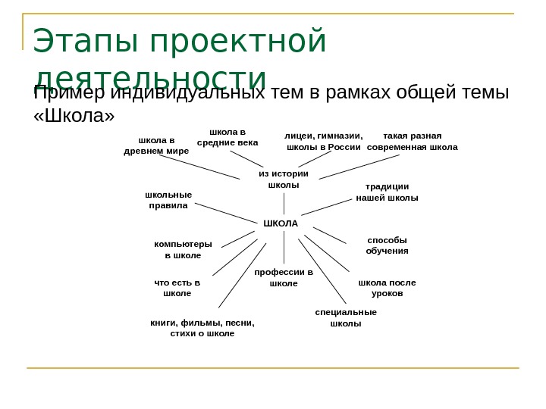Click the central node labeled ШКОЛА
[281, 223]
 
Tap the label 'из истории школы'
[284, 179]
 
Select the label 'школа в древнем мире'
[156, 145]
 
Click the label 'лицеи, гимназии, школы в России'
[324, 142]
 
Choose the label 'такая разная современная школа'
[413, 142]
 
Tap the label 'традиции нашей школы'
[387, 192]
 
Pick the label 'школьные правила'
[168, 200]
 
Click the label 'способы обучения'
[387, 245]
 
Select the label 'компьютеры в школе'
[183, 250]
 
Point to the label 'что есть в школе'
[177, 288]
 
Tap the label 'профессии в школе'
[284, 277]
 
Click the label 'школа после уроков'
[387, 288]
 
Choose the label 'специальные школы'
[346, 317]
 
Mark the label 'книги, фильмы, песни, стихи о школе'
[202, 327]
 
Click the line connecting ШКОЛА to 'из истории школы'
[284, 203]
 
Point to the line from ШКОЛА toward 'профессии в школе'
[284, 247]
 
